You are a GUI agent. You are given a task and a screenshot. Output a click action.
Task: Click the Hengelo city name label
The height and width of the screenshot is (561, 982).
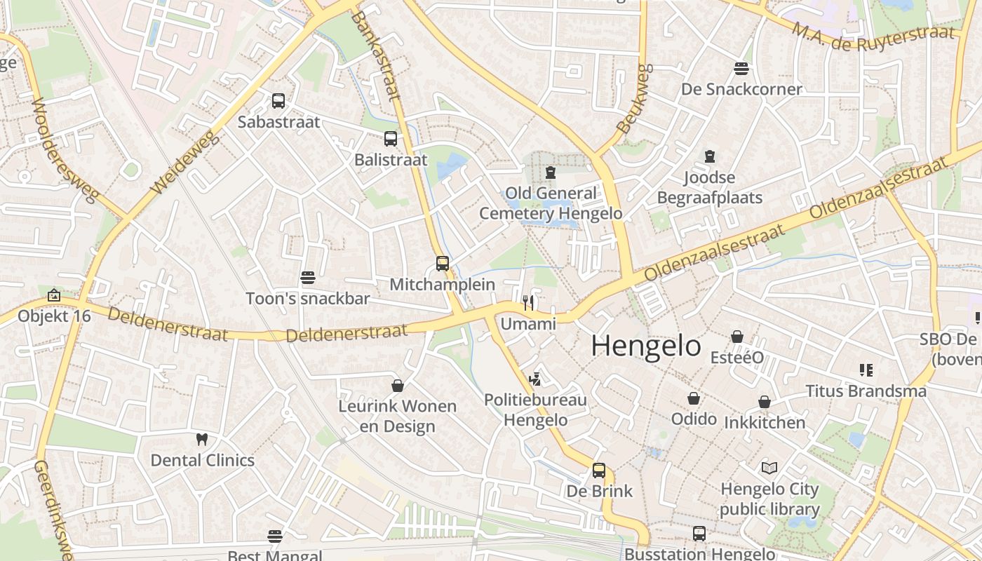(645, 346)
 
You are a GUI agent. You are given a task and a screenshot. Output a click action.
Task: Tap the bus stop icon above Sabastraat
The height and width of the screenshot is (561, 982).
(278, 101)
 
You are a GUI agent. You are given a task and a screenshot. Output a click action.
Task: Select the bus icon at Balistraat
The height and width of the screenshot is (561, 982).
(391, 139)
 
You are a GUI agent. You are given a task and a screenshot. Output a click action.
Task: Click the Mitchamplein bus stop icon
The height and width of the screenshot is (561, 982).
(443, 264)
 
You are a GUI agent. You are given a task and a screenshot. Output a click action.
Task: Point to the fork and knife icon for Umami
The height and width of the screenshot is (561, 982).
(528, 303)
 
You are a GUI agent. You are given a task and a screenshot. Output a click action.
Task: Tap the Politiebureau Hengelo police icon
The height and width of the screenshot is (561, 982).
(535, 379)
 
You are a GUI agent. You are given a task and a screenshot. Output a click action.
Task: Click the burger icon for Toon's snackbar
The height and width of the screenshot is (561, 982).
(307, 278)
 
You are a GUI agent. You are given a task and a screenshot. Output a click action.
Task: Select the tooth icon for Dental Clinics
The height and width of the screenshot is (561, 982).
(202, 440)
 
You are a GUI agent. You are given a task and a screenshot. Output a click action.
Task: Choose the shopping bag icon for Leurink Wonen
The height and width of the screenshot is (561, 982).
(398, 386)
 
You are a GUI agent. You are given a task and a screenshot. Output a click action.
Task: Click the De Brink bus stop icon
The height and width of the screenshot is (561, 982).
(599, 470)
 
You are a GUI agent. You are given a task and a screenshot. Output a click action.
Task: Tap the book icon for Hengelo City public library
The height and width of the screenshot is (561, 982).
(769, 468)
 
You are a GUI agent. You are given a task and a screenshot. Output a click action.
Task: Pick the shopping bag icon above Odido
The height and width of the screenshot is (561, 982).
(694, 398)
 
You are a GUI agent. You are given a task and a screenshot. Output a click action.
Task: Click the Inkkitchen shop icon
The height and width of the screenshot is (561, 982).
(765, 402)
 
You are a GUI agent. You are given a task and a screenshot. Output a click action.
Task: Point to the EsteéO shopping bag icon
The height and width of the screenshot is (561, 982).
(737, 337)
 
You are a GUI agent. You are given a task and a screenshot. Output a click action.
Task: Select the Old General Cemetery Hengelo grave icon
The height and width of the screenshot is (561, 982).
(551, 173)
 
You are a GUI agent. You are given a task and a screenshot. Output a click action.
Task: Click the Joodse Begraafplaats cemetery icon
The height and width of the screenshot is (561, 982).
(709, 156)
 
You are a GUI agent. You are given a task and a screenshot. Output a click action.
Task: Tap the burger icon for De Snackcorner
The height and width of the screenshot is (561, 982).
(741, 69)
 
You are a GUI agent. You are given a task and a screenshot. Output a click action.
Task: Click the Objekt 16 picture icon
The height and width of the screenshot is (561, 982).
(54, 296)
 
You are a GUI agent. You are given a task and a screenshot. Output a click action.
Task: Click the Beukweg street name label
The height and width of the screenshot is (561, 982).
(635, 99)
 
